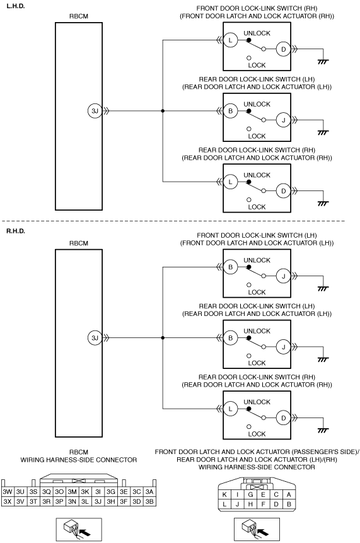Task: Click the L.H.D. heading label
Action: point(16,6)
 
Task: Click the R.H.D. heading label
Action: point(16,231)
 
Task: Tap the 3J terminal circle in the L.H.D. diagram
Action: point(95,111)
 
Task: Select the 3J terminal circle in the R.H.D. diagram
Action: point(95,338)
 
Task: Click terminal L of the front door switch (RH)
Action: point(230,40)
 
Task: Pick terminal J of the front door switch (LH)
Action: point(283,276)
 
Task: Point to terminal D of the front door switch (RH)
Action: point(283,49)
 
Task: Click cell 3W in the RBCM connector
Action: point(8,491)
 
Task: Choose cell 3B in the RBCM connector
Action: point(149,501)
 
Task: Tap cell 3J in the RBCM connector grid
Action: point(98,501)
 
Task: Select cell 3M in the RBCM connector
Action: point(72,491)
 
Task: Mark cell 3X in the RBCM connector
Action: point(8,501)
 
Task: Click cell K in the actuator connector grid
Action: point(224,495)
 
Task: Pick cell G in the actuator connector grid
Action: point(250,495)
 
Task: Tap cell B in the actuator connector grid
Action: point(289,505)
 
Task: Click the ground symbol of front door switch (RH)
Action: point(323,62)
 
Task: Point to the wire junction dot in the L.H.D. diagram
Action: point(163,111)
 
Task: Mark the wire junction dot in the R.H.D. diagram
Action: point(163,338)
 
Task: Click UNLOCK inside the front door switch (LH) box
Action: point(257,260)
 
